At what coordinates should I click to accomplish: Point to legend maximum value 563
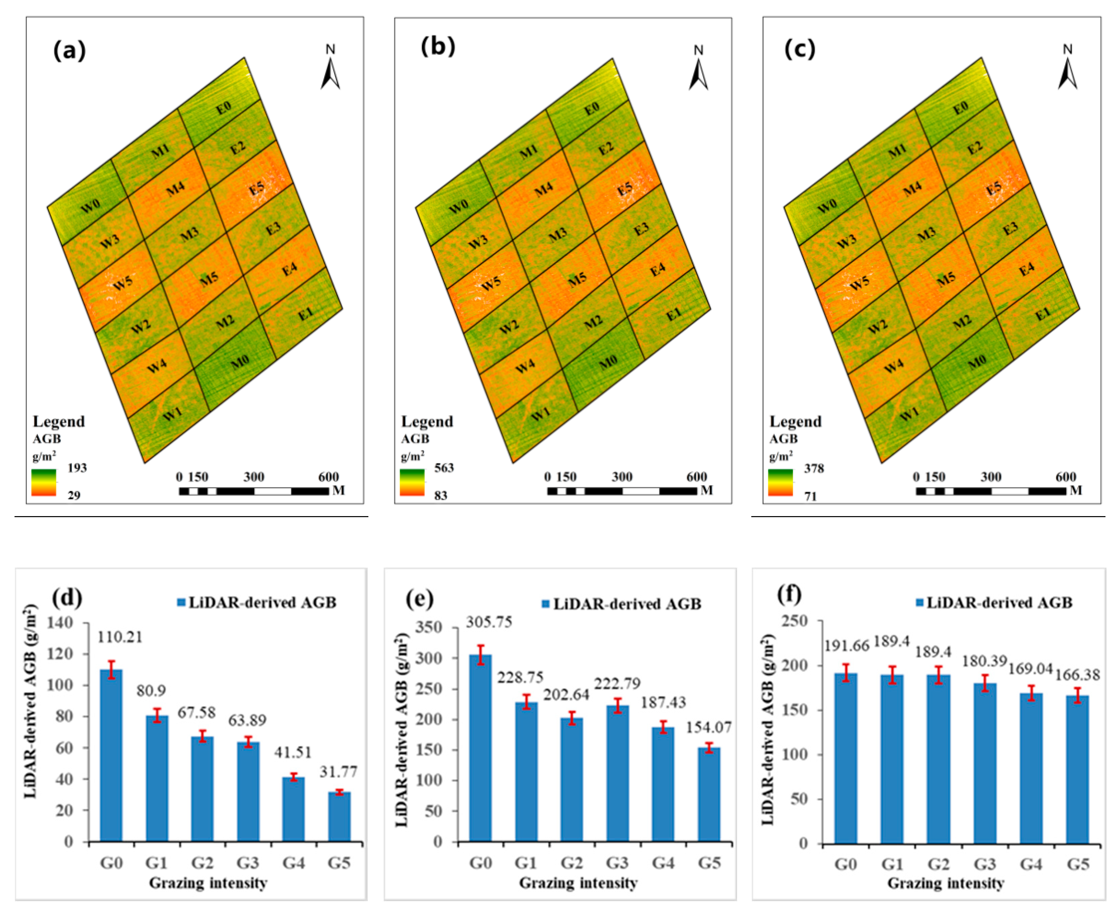[x=443, y=467]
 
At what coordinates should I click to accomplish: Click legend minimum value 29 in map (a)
[x=74, y=496]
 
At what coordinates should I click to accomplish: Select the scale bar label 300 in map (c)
[x=991, y=477]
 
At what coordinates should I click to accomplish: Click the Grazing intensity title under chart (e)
[x=578, y=883]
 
